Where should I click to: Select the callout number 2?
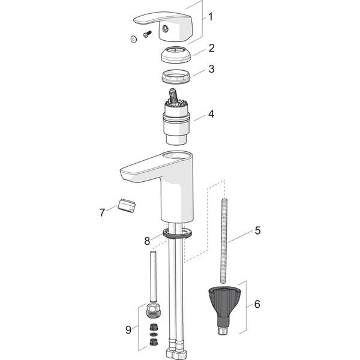click(212, 47)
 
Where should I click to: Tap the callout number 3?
click(212, 69)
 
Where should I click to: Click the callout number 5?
click(257, 229)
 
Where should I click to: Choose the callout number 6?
click(257, 304)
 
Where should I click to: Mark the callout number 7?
click(103, 212)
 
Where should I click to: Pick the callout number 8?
click(147, 241)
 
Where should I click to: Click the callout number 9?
click(128, 329)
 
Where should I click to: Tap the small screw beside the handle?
click(145, 35)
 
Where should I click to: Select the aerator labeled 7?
click(127, 206)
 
